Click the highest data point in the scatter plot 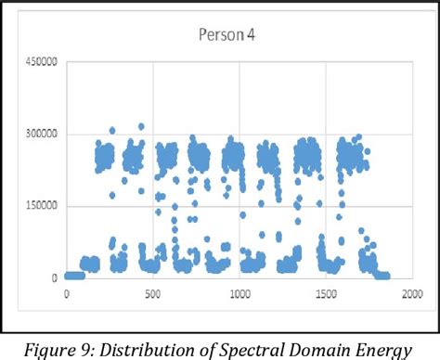[141, 126]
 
